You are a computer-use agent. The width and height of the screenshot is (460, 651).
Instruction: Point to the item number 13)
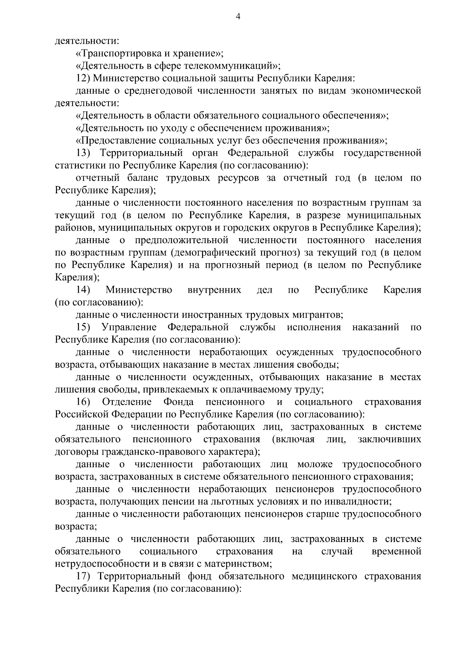[83, 153]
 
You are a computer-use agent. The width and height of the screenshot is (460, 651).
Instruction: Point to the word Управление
[129, 327]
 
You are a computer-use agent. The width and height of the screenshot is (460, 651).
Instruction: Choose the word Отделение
[127, 402]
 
